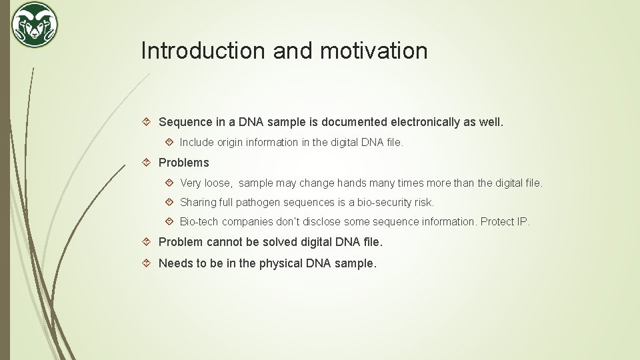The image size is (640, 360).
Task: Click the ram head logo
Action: (35, 25)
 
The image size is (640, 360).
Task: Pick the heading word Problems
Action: (184, 163)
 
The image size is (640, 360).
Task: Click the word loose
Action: (218, 183)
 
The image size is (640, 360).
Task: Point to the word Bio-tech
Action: (199, 221)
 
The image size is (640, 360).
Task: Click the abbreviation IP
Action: (523, 221)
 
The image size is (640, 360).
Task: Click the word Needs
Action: (175, 263)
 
